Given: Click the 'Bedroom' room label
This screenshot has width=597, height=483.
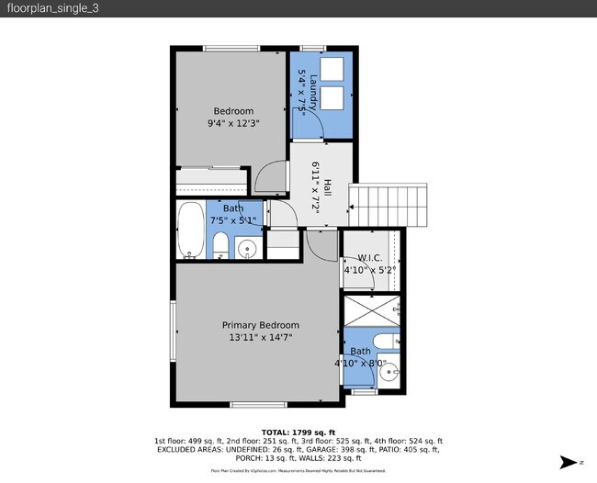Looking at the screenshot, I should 233,111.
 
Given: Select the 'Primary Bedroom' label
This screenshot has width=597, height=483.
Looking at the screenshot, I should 261,325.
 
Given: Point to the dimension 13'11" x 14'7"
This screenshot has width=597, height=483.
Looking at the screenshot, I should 261,337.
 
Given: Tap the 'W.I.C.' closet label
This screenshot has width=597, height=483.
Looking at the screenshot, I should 369,258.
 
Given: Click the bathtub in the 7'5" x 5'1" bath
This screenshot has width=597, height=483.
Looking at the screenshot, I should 191,230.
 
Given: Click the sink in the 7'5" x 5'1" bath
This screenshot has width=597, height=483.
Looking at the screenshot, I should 247,247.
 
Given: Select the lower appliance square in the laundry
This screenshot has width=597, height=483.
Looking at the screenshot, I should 331,98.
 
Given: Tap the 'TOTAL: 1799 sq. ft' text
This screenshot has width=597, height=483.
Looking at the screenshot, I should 298,432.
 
